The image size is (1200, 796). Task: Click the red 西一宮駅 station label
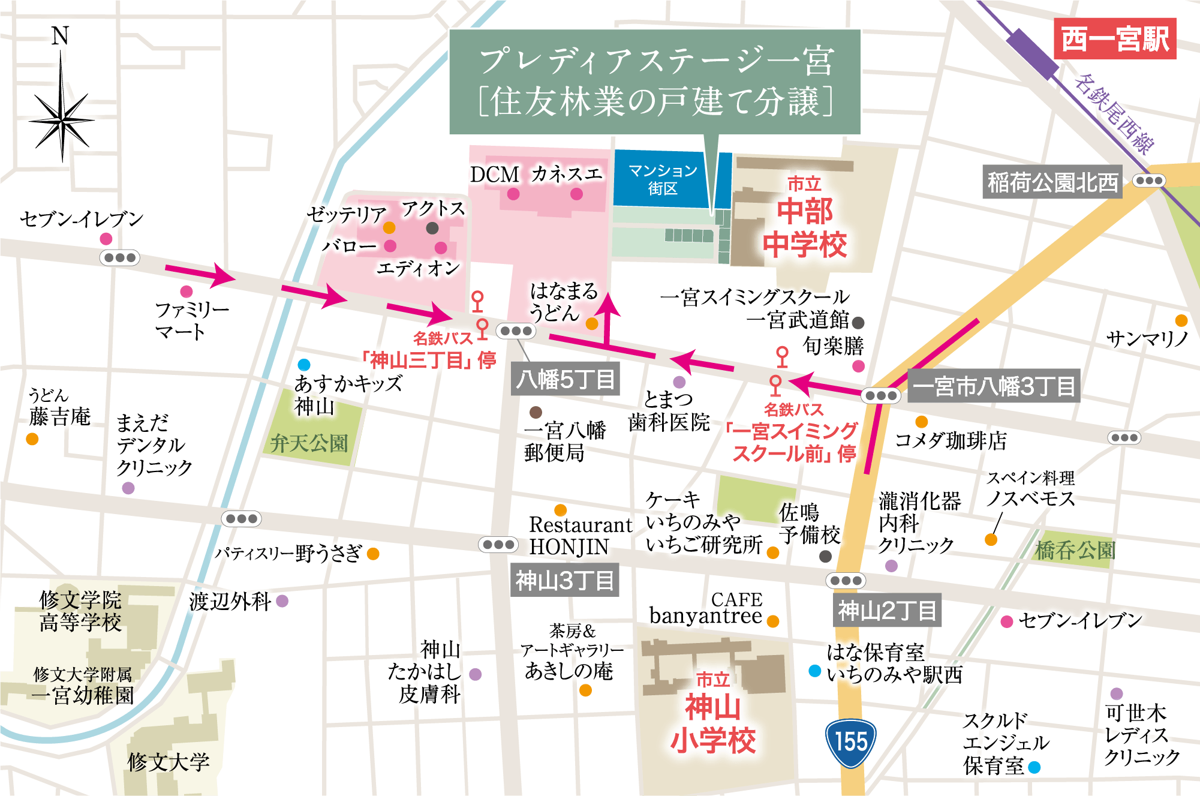[x=1115, y=39]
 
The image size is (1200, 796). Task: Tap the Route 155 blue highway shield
[x=851, y=743]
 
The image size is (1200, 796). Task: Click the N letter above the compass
[x=60, y=36]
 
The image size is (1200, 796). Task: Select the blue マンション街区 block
[x=662, y=179]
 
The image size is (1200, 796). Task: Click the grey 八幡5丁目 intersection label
[x=565, y=379]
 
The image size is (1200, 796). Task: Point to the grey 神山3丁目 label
[x=564, y=580]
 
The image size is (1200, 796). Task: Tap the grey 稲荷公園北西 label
[x=1052, y=182]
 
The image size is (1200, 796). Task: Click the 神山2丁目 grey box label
[x=887, y=611]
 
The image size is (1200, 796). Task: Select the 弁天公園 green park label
[x=309, y=443]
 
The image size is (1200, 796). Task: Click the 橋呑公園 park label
[x=1075, y=549]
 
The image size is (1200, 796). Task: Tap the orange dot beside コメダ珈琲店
[x=922, y=422]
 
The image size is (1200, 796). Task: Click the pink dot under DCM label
[x=513, y=194]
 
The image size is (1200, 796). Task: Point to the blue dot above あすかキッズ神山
[x=304, y=365]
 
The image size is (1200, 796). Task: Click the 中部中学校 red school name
[x=804, y=228]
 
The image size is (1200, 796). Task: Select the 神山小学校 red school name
[x=712, y=723]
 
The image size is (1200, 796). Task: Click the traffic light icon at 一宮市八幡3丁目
[x=880, y=395]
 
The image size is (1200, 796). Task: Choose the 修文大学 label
[x=169, y=762]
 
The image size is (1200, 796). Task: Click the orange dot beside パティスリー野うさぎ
[x=373, y=554]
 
